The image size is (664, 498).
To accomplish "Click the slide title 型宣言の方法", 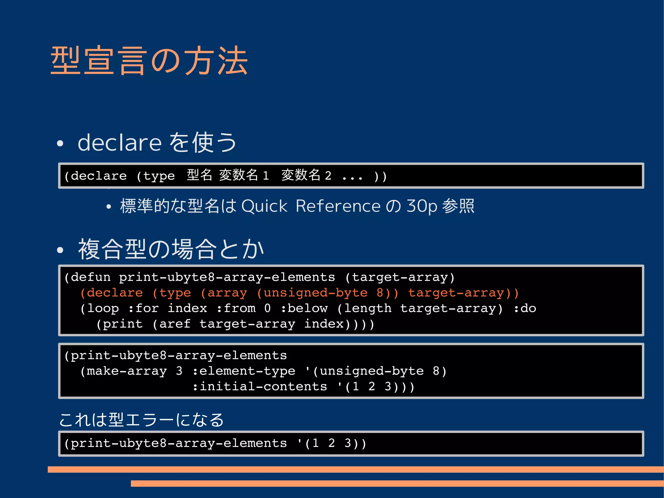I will pyautogui.click(x=149, y=61).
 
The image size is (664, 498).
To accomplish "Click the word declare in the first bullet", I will pyautogui.click(x=120, y=142).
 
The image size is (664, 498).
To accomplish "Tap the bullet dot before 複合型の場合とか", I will pyautogui.click(x=60, y=250).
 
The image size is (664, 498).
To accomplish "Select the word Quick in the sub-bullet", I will pyautogui.click(x=264, y=206).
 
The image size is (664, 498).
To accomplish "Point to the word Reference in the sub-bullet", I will pyautogui.click(x=338, y=206).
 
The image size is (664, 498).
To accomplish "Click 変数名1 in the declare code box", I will pyautogui.click(x=244, y=176).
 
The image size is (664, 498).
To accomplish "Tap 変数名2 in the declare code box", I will pyautogui.click(x=306, y=176).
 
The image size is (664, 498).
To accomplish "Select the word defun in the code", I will pyautogui.click(x=91, y=277).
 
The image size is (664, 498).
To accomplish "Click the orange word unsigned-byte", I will pyautogui.click(x=315, y=293).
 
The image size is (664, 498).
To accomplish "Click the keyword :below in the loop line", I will pyautogui.click(x=304, y=308).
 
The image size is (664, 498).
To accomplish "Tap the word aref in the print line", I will pyautogui.click(x=175, y=324).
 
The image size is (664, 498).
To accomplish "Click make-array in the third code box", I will pyautogui.click(x=126, y=371).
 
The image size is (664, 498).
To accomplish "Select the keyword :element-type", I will pyautogui.click(x=243, y=371).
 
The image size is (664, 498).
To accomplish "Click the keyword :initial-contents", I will pyautogui.click(x=259, y=386).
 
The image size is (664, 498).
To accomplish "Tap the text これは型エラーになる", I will pyautogui.click(x=141, y=419).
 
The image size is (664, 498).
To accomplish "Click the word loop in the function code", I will pyautogui.click(x=103, y=308).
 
